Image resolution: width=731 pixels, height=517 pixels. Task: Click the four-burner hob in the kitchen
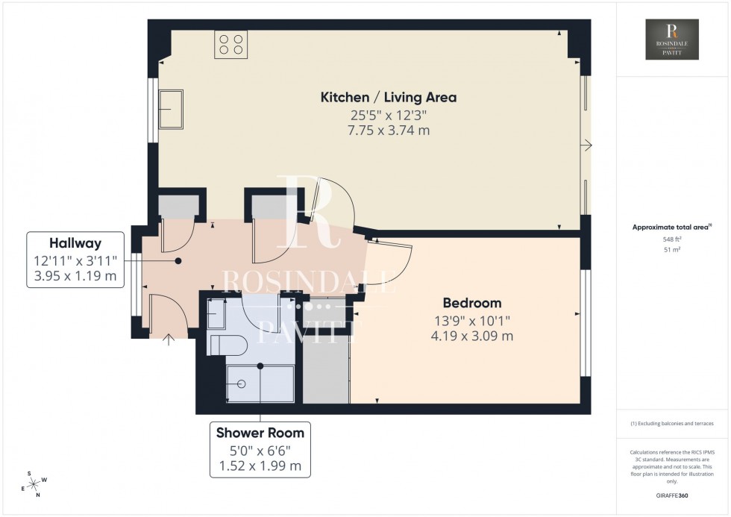point(230,44)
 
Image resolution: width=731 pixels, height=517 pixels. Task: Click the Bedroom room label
point(471,303)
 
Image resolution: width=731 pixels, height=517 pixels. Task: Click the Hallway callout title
point(75,243)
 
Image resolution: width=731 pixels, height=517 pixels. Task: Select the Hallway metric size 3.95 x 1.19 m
point(75,276)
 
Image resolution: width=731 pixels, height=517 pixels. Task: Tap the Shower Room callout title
point(260,433)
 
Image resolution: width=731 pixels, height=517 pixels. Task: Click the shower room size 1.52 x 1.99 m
point(260,466)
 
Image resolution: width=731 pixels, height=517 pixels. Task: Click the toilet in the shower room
point(225,345)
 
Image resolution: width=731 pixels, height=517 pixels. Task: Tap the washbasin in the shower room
point(216,314)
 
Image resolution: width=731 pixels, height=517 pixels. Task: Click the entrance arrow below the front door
point(168,341)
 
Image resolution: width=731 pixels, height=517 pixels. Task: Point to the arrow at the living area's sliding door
point(589,146)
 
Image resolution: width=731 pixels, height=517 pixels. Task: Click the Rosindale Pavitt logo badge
point(673,40)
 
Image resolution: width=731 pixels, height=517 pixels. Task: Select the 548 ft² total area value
point(672,239)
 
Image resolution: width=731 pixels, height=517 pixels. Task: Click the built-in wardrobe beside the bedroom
point(326,351)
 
